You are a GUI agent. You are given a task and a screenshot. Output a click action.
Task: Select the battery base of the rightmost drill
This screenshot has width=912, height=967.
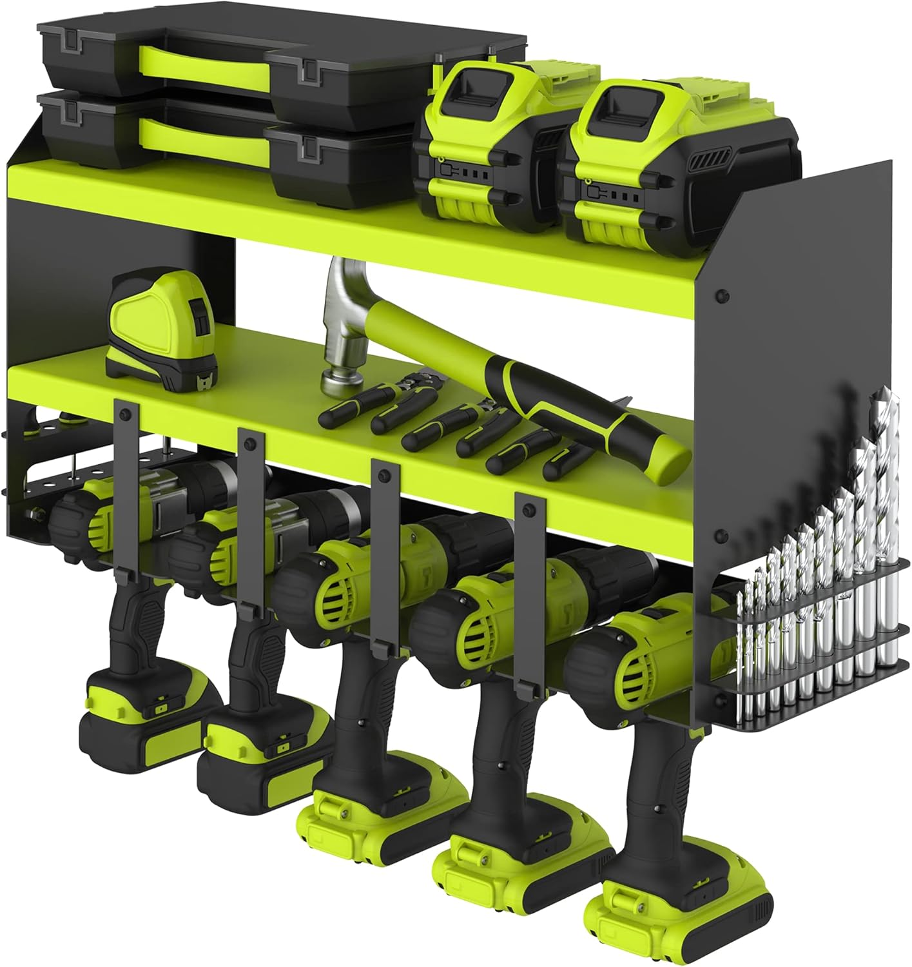pyautogui.click(x=683, y=903)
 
